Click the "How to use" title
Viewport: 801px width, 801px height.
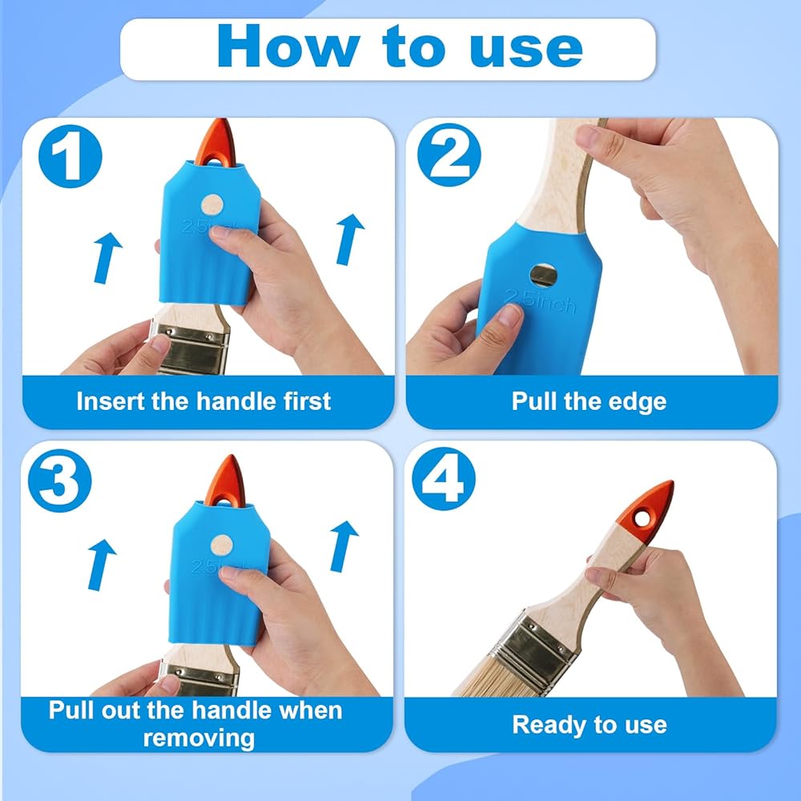pos(400,46)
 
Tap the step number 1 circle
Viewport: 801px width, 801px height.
pos(70,156)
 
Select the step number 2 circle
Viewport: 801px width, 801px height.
pos(449,155)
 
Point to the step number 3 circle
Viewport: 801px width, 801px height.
pos(60,480)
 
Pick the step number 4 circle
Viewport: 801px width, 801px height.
pos(444,479)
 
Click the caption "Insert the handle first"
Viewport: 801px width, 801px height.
pos(203,401)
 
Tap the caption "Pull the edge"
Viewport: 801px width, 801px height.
pos(589,401)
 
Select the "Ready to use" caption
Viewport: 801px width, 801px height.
pos(590,724)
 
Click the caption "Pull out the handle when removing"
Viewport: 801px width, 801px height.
pos(195,724)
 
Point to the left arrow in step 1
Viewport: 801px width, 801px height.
pos(107,258)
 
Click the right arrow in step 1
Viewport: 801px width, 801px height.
pos(349,239)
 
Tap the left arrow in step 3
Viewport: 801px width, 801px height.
pos(101,565)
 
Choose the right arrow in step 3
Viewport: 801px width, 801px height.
pos(344,546)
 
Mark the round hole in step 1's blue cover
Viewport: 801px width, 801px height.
pos(211,205)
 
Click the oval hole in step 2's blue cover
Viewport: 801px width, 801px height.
pos(543,276)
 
